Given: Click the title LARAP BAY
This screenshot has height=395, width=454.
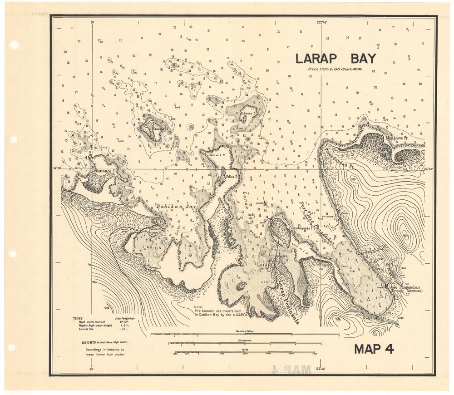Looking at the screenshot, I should point(336,59).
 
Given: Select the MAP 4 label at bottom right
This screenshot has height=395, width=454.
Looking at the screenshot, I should point(374,349).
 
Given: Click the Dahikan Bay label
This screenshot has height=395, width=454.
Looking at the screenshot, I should point(175,207).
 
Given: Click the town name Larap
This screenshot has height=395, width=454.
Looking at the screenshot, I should point(264,264).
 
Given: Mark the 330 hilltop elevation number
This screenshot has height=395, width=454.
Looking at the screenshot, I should point(405,237).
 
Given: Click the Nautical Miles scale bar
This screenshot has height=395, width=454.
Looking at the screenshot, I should point(245,334).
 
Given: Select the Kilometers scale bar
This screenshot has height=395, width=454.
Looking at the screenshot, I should point(245,343).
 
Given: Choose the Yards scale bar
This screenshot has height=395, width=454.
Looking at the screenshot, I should point(245,351).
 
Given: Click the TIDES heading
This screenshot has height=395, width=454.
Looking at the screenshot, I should point(78,318).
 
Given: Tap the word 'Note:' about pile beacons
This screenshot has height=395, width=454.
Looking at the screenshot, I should point(198,307).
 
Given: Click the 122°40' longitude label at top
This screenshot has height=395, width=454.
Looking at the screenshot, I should point(322,22).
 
